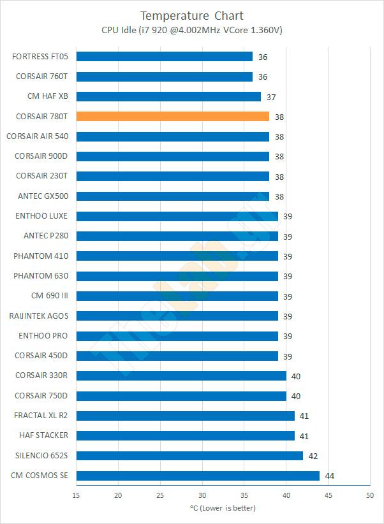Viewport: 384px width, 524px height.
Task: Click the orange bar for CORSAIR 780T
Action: pos(172,116)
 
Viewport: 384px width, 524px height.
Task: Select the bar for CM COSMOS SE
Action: pos(198,476)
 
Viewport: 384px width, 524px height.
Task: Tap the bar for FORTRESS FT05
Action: pos(164,56)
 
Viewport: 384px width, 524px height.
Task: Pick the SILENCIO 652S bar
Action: pos(189,455)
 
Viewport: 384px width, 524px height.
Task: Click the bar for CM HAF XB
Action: pos(168,96)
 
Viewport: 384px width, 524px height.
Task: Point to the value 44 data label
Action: pos(329,476)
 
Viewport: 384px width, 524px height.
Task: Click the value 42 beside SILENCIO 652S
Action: pos(313,456)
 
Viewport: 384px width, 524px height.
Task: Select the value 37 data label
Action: pos(270,97)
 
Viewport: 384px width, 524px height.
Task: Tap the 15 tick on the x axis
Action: pos(77,495)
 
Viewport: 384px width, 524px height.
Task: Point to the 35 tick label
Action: pos(244,495)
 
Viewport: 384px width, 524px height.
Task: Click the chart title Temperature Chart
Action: pos(192,15)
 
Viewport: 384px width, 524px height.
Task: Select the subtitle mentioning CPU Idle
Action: pos(192,30)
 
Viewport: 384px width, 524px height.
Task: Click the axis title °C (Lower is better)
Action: pos(223,508)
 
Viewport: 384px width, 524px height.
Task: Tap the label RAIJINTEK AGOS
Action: pos(39,316)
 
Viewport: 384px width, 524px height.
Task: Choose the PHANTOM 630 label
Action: pos(41,276)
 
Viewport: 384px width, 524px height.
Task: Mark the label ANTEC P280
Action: pos(46,236)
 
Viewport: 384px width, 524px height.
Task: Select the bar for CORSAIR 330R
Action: pos(181,375)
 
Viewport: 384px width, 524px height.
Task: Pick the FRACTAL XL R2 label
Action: pos(41,416)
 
